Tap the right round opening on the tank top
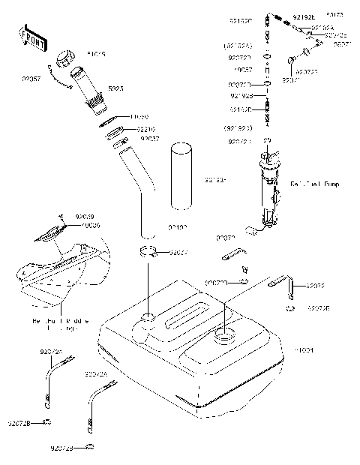[x=223, y=337]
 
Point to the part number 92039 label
[x=84, y=217]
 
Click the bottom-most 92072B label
[x=62, y=448]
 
